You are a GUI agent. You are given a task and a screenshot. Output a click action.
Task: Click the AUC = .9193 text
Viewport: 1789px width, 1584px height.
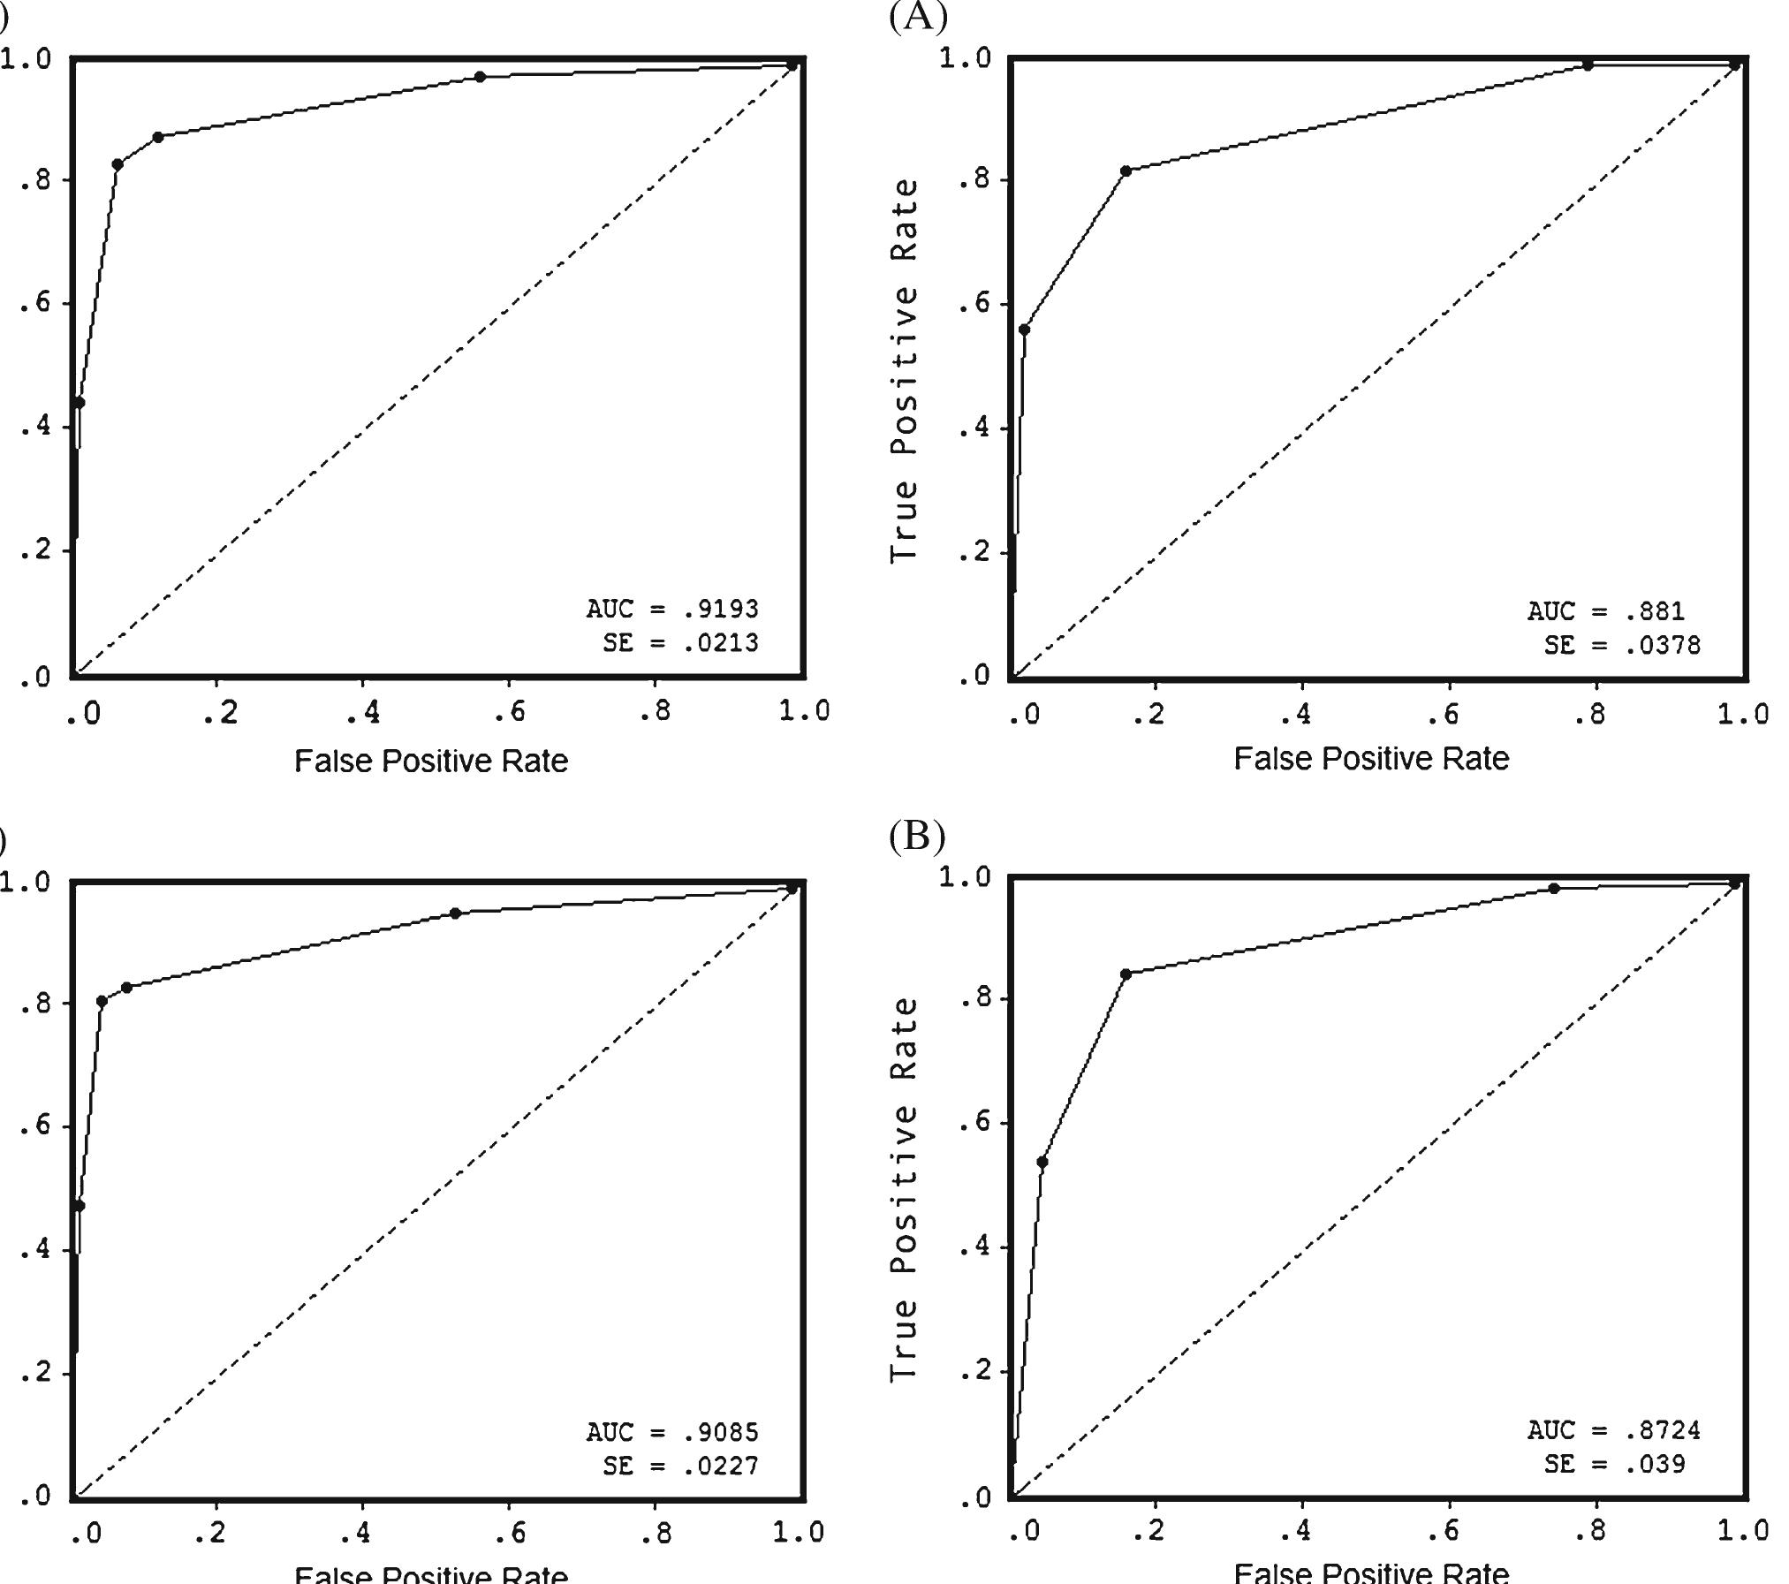click(672, 609)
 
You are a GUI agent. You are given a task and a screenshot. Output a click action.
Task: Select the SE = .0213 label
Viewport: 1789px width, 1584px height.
click(680, 643)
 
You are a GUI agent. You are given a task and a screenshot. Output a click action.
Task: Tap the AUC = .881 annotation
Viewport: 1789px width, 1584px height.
click(1606, 611)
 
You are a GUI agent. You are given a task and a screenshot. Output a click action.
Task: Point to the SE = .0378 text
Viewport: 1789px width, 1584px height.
click(1622, 646)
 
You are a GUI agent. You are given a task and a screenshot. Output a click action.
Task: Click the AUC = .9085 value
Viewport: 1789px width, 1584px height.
click(672, 1431)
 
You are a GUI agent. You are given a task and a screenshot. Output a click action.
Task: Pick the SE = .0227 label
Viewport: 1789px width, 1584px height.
click(680, 1466)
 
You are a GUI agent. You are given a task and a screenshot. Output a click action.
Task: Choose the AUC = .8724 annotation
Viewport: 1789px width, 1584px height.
click(1613, 1429)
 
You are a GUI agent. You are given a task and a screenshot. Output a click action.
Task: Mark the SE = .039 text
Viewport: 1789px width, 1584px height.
click(1614, 1464)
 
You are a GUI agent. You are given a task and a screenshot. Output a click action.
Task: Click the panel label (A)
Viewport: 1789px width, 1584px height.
click(918, 16)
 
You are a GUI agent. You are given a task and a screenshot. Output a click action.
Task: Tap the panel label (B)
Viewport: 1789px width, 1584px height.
click(917, 835)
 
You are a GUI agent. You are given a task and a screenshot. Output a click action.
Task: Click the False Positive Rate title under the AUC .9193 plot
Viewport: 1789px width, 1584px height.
click(431, 761)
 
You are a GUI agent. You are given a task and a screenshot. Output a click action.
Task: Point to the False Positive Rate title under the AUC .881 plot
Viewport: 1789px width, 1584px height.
click(1371, 758)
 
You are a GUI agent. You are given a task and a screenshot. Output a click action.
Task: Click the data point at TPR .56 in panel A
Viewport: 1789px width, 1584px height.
click(1024, 330)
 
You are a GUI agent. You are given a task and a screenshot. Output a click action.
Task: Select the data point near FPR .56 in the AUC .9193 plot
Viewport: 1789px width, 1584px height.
click(480, 77)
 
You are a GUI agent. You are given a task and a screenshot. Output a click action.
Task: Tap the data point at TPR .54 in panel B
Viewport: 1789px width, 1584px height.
click(1042, 1163)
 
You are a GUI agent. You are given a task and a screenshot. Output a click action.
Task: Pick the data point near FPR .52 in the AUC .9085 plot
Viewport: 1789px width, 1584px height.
click(455, 913)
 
